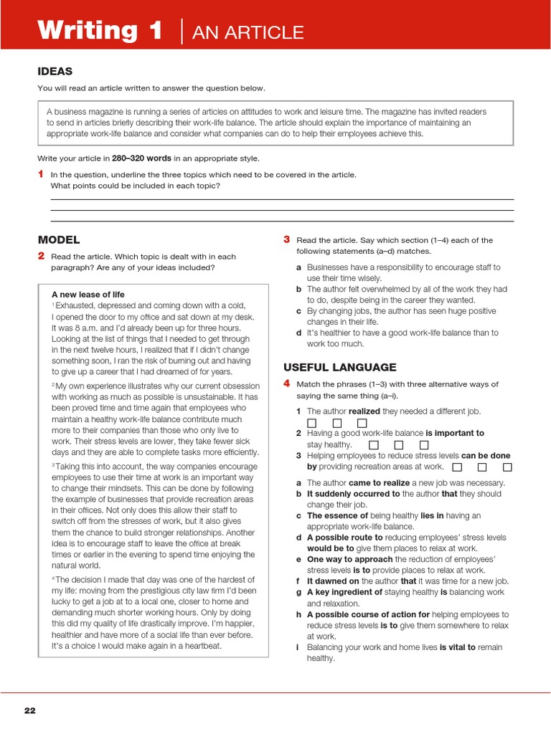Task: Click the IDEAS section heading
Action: pos(55,71)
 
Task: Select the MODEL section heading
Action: pos(59,240)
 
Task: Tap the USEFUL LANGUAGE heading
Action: pos(339,367)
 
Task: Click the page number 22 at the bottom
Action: pos(29,710)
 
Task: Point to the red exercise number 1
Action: pos(41,174)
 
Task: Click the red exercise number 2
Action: pos(41,256)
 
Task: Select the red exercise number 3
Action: pos(286,239)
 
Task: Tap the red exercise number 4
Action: pos(286,383)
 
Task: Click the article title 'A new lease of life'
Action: pos(88,295)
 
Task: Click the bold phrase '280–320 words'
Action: pos(141,158)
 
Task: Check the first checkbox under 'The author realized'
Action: pos(311,423)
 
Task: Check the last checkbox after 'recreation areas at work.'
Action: pos(507,467)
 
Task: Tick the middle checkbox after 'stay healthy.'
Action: pos(397,445)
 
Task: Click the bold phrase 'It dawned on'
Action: pos(333,581)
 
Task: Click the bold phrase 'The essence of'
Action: pos(337,515)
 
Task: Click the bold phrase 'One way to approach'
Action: pos(350,559)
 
